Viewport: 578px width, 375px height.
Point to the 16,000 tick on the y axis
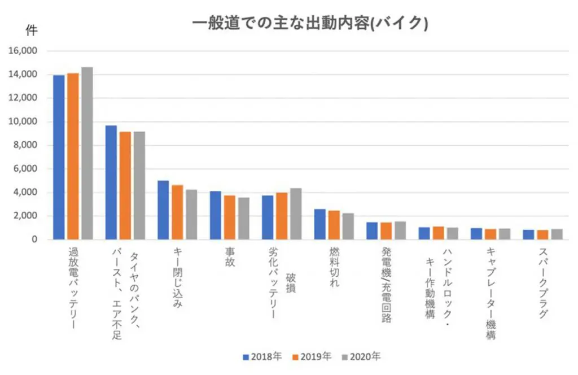click(23, 51)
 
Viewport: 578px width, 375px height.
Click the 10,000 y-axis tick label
click(23, 121)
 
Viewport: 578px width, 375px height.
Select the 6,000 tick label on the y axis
click(25, 169)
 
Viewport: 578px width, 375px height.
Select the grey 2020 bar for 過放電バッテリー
click(87, 154)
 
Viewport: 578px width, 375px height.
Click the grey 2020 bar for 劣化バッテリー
click(296, 214)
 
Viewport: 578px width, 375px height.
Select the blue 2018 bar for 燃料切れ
click(319, 224)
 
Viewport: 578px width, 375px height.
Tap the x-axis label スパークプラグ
click(543, 282)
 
